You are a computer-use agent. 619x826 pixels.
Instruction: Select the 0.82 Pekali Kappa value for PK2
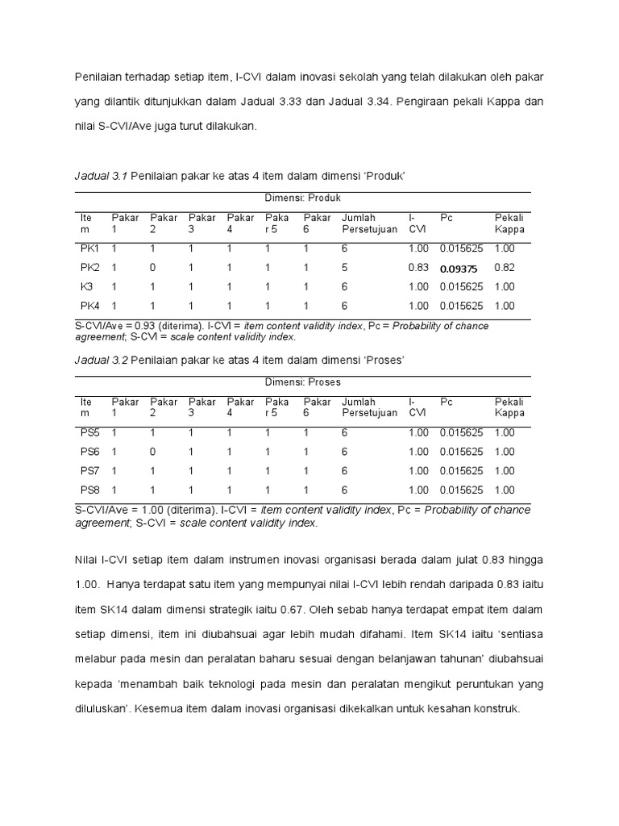tap(505, 267)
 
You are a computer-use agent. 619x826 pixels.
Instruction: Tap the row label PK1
tap(89, 248)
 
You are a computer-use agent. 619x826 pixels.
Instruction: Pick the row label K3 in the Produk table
tap(87, 286)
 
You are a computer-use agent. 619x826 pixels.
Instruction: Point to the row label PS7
tap(89, 471)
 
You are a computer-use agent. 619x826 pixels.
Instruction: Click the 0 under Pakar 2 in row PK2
tap(153, 267)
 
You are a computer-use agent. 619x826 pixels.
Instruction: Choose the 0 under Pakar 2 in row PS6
tap(153, 452)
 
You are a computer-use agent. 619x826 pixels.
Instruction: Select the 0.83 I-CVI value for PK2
tap(418, 267)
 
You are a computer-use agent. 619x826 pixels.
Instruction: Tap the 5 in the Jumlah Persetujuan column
tap(345, 267)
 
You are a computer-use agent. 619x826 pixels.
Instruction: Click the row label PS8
tap(89, 490)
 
